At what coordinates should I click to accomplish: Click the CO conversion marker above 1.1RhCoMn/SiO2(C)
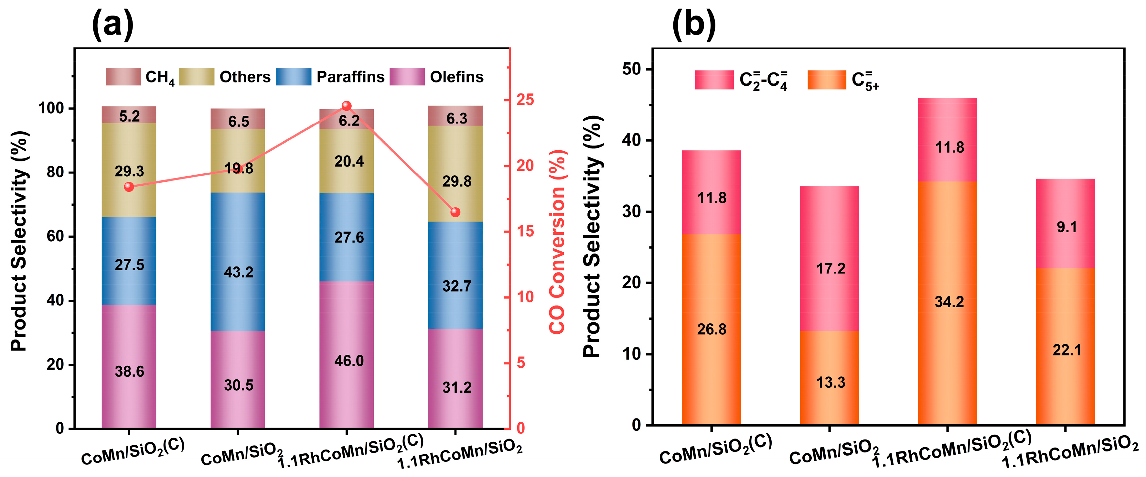click(347, 106)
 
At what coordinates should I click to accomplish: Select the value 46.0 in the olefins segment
click(349, 361)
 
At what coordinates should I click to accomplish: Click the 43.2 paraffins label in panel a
click(239, 272)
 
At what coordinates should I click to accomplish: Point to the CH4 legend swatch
click(123, 77)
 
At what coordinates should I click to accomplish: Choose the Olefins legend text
click(456, 77)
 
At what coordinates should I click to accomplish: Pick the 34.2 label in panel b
click(949, 302)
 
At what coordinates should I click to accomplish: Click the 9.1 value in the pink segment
click(1066, 227)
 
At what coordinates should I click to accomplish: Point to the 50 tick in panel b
click(631, 70)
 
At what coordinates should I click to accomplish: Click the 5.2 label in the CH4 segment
click(129, 116)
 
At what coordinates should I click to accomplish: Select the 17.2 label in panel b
click(830, 269)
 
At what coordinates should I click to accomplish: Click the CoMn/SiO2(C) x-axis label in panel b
click(715, 450)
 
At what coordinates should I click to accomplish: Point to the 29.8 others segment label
click(456, 181)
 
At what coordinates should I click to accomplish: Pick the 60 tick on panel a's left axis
click(55, 237)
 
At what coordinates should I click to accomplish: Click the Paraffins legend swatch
click(294, 77)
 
